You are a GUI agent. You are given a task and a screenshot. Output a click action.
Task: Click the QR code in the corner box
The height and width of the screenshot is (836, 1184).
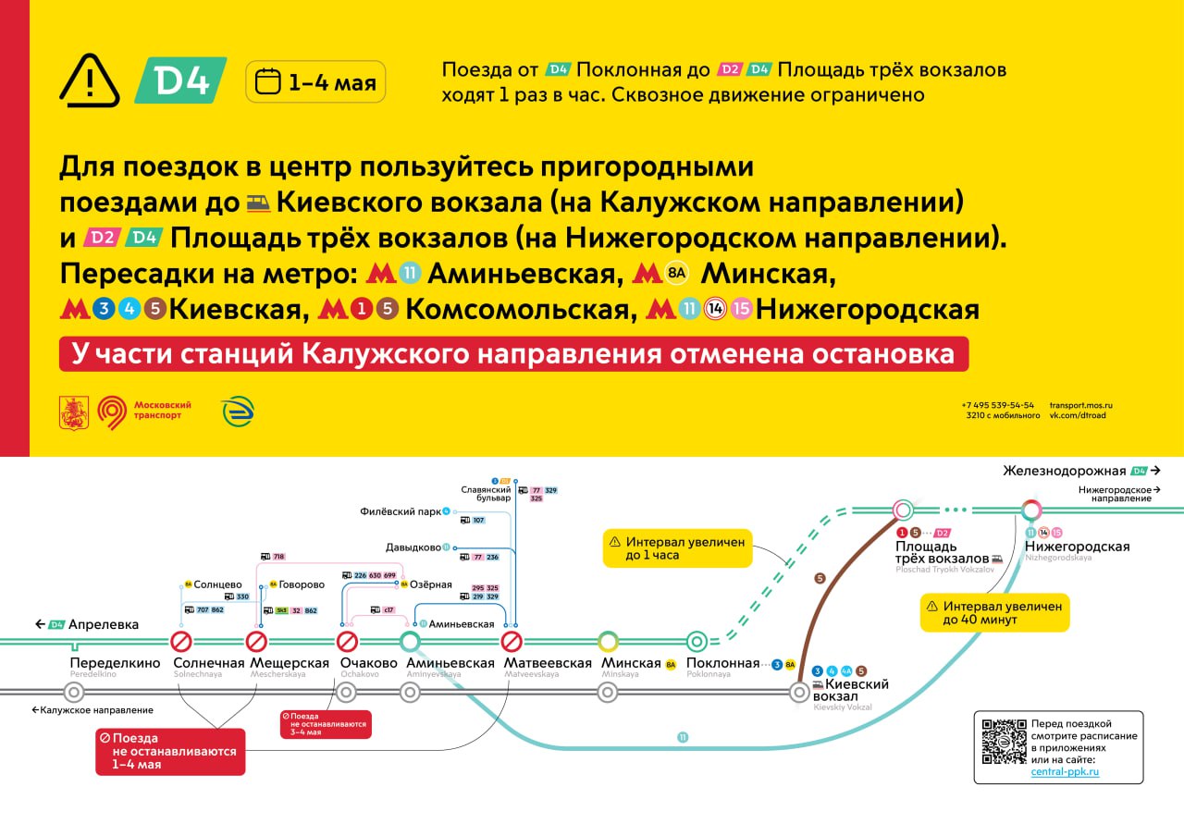1005,741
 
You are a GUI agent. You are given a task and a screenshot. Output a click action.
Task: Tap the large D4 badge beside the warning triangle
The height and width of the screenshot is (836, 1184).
180,80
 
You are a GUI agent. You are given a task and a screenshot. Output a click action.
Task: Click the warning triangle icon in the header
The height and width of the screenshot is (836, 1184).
90,80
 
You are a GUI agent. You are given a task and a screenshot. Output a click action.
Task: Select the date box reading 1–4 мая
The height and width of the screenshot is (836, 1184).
315,82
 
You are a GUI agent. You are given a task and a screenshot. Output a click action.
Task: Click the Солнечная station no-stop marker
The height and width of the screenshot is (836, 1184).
181,641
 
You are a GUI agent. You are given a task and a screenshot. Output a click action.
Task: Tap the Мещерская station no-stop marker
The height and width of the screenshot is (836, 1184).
256,641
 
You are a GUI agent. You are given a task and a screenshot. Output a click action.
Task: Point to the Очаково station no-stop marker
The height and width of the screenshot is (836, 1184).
347,641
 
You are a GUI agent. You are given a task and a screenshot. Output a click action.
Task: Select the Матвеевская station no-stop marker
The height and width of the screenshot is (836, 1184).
512,641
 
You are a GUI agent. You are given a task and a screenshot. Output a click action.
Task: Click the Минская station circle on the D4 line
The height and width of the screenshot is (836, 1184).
608,641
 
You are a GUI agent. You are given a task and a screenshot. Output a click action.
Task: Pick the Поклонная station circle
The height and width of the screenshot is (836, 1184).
697,641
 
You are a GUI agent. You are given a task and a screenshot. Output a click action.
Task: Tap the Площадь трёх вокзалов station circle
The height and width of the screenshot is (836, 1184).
903,509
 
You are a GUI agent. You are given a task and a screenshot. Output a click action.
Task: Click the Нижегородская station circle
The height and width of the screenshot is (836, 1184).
1031,509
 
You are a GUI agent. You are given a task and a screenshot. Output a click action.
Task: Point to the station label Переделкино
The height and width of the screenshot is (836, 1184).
116,663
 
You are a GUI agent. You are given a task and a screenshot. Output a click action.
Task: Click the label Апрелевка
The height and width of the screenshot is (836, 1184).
103,624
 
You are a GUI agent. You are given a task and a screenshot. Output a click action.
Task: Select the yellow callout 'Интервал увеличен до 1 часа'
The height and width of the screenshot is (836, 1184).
677,548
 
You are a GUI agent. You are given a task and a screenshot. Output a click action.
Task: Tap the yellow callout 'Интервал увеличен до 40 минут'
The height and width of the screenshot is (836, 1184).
994,612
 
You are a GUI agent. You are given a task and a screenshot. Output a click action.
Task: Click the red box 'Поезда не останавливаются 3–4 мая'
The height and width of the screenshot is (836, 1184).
325,724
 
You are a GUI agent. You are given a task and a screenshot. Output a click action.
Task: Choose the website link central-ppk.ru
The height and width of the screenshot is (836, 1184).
1065,771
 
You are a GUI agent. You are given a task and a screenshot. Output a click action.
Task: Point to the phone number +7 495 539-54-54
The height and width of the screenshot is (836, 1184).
997,405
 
